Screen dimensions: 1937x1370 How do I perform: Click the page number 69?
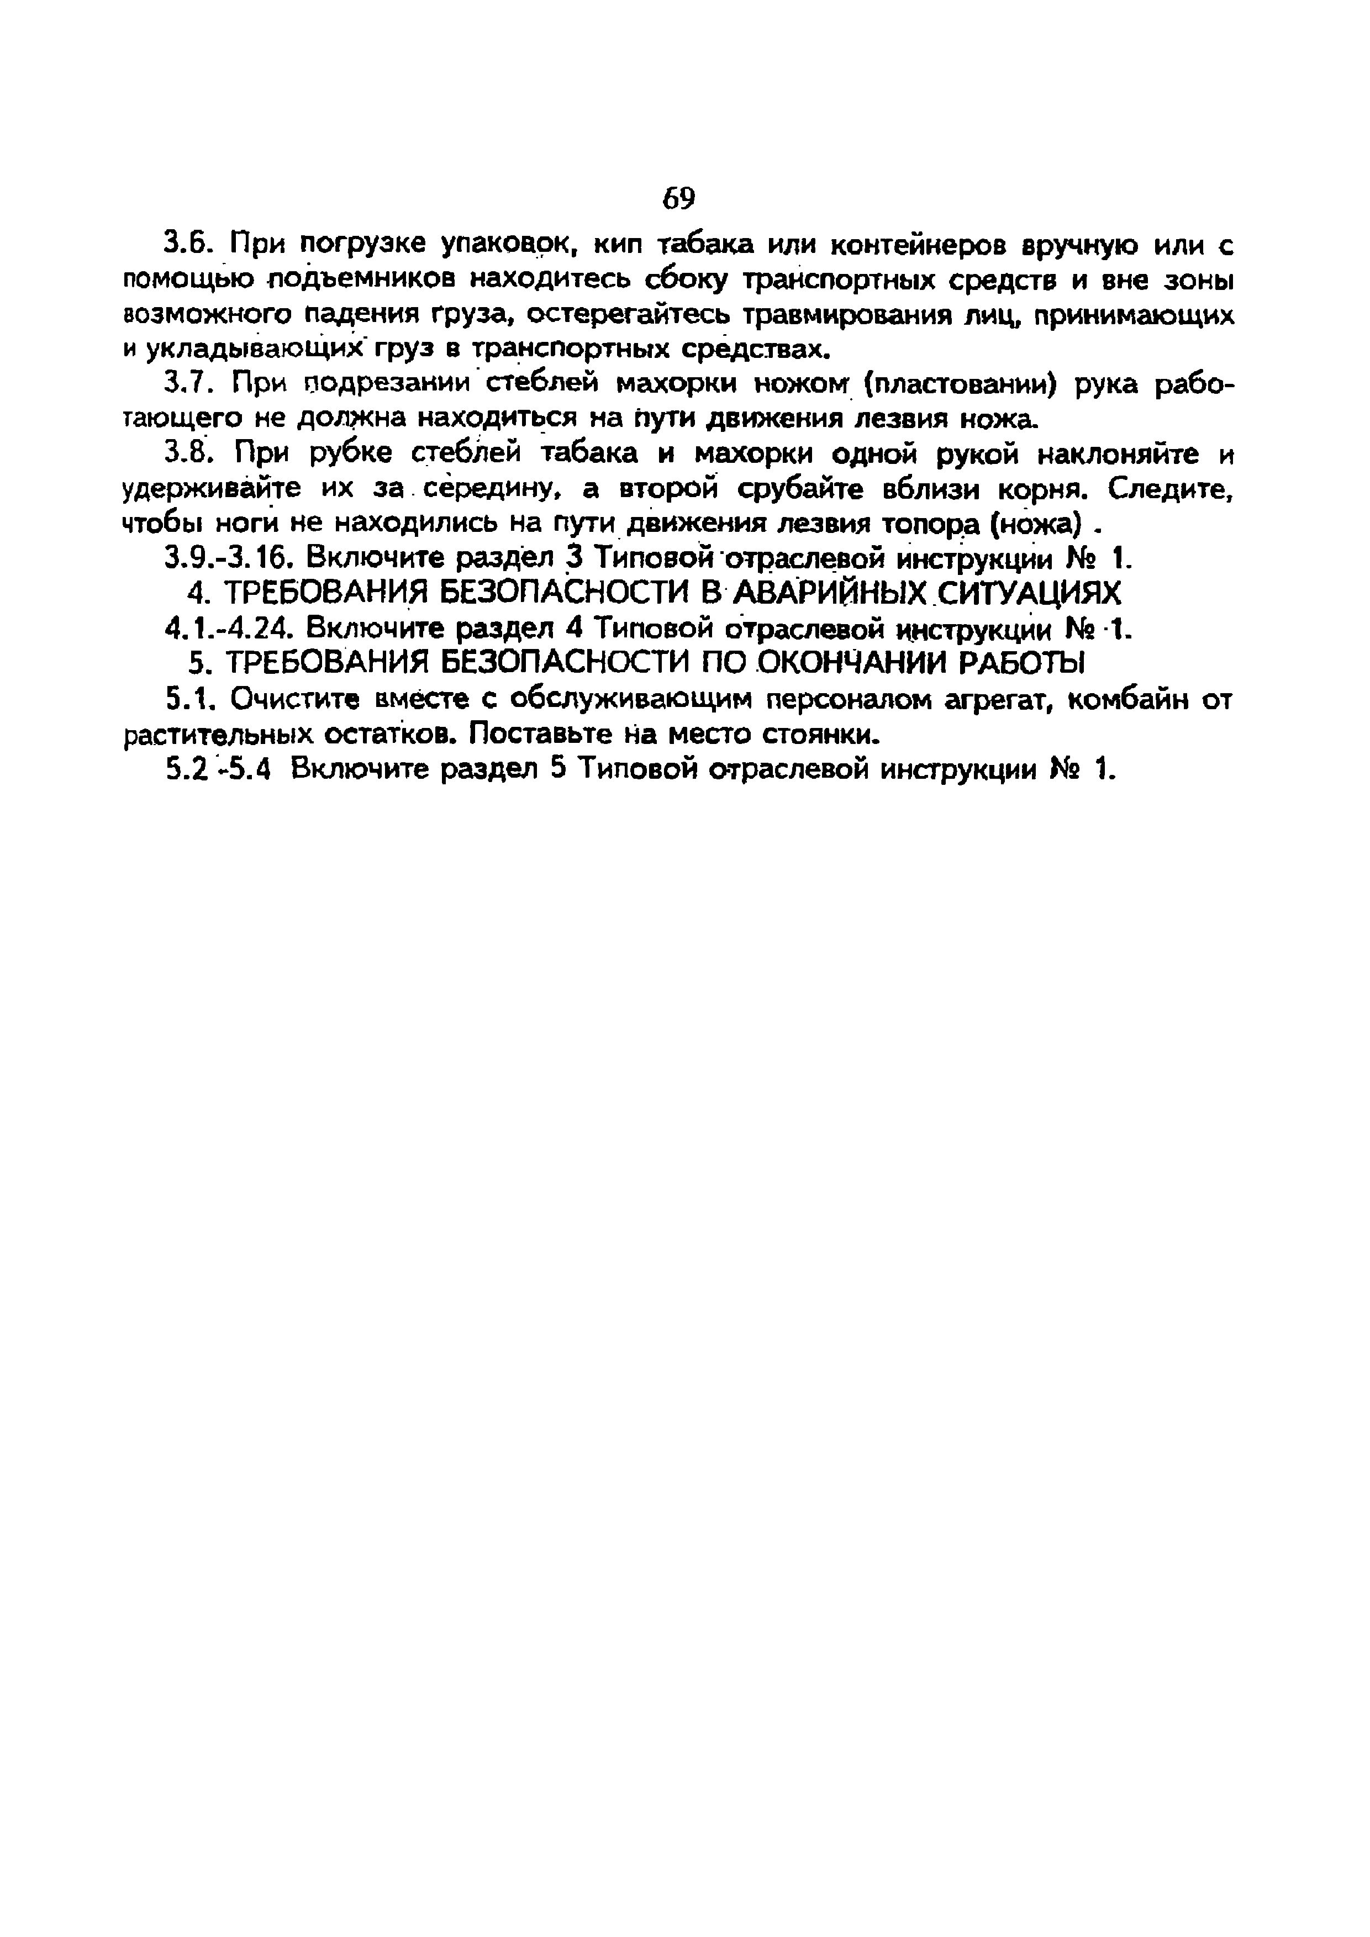[x=678, y=198]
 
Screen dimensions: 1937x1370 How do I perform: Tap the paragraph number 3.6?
[x=186, y=245]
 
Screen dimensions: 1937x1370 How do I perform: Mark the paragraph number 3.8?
[x=186, y=454]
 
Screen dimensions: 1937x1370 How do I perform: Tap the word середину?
[x=492, y=489]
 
